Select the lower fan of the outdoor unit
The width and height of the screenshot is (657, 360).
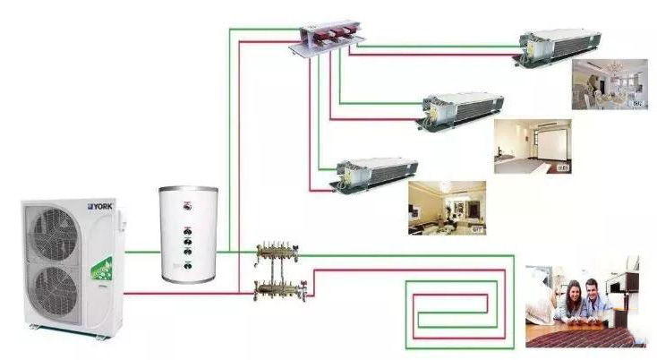(x=55, y=293)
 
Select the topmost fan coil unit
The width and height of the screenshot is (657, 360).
(x=559, y=46)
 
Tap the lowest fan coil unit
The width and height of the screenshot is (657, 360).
(x=376, y=173)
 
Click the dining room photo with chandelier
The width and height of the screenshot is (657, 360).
(x=610, y=84)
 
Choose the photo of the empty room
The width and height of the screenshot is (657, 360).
(x=533, y=146)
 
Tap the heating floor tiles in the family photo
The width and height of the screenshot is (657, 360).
(x=591, y=335)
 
